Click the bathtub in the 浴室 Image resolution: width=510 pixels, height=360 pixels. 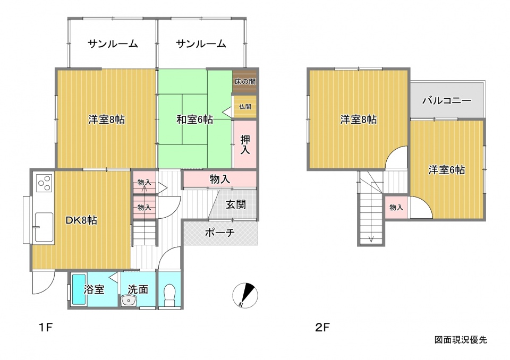tap(79, 289)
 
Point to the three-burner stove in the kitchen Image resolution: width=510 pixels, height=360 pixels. tap(45, 183)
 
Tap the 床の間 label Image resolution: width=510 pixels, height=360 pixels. tap(245, 81)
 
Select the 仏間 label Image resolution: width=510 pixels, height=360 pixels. tap(245, 106)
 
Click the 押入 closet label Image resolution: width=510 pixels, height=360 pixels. tap(245, 145)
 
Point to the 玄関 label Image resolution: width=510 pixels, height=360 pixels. tap(236, 204)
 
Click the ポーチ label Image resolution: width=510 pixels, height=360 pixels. tap(220, 233)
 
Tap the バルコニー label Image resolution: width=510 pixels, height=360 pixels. tap(447, 100)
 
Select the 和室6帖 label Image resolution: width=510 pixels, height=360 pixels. tap(194, 119)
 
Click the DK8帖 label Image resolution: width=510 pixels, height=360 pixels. tap(81, 220)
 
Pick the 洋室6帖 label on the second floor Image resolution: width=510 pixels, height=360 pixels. tap(447, 170)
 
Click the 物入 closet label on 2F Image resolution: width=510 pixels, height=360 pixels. tap(396, 207)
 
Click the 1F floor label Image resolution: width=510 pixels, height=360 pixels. tap(45, 327)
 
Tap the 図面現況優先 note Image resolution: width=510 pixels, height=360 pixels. tap(461, 340)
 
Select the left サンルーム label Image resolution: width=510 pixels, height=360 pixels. tap(113, 44)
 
